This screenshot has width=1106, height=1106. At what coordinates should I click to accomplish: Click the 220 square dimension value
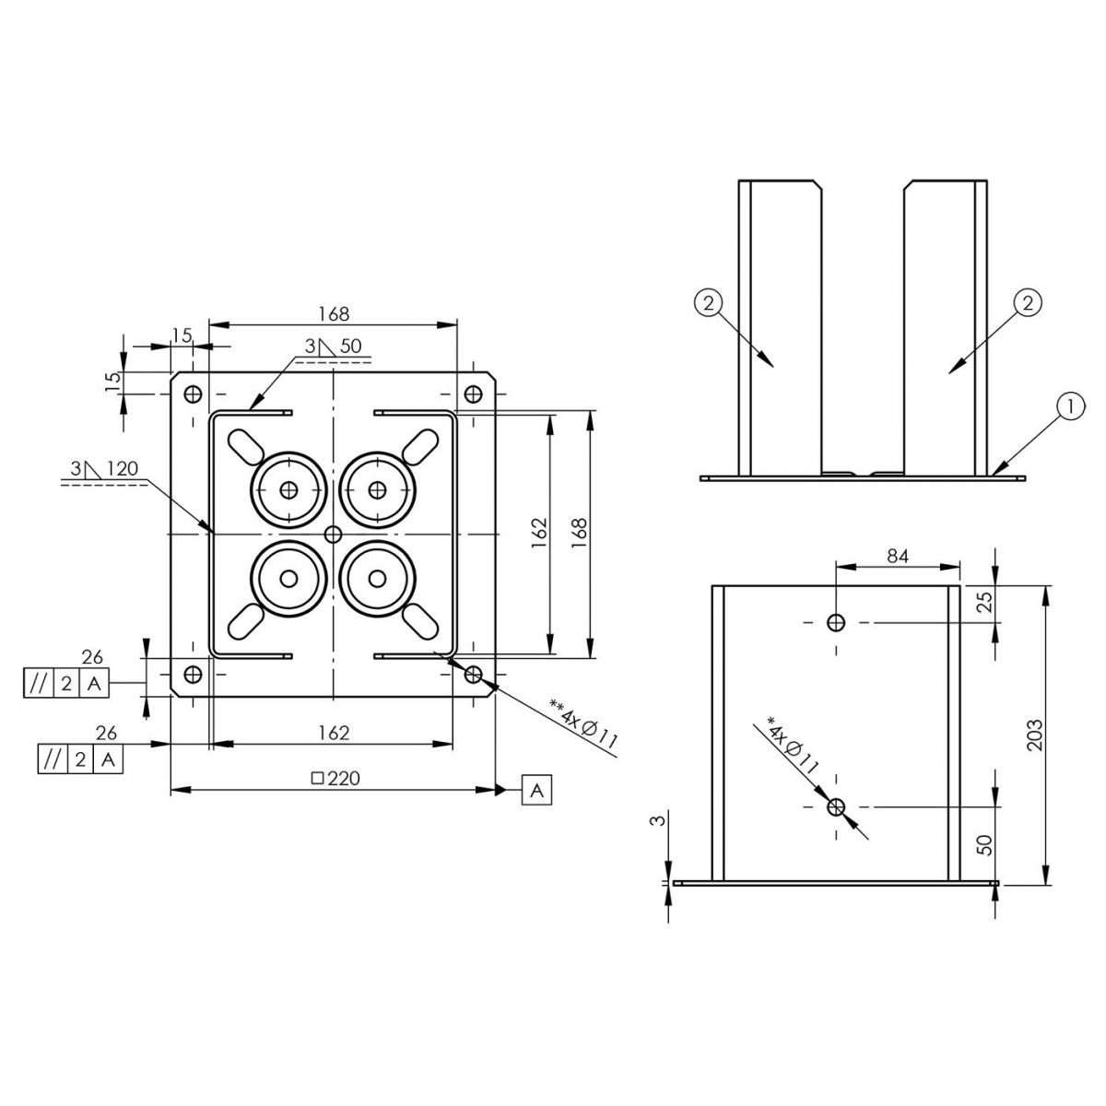(x=335, y=778)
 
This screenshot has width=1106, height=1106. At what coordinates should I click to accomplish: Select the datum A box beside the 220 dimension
(x=536, y=789)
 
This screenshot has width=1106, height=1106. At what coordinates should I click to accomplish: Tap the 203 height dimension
(x=1035, y=735)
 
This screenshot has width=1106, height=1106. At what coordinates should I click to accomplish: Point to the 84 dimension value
(x=898, y=556)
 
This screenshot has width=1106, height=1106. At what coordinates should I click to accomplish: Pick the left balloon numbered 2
(x=709, y=303)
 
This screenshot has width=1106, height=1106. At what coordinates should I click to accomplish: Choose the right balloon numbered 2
(x=1028, y=302)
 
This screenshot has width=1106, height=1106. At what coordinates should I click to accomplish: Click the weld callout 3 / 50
(x=333, y=347)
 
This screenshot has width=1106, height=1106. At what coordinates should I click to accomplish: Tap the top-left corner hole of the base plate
(x=194, y=394)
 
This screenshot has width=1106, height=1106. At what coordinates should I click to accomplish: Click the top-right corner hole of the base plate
(x=473, y=394)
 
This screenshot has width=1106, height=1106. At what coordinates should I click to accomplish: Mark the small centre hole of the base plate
(x=333, y=535)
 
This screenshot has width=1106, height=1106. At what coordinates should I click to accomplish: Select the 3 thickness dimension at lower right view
(x=660, y=819)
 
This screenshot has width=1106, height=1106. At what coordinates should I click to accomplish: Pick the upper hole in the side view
(x=836, y=621)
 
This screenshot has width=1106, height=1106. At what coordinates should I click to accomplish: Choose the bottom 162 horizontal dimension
(x=334, y=733)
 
